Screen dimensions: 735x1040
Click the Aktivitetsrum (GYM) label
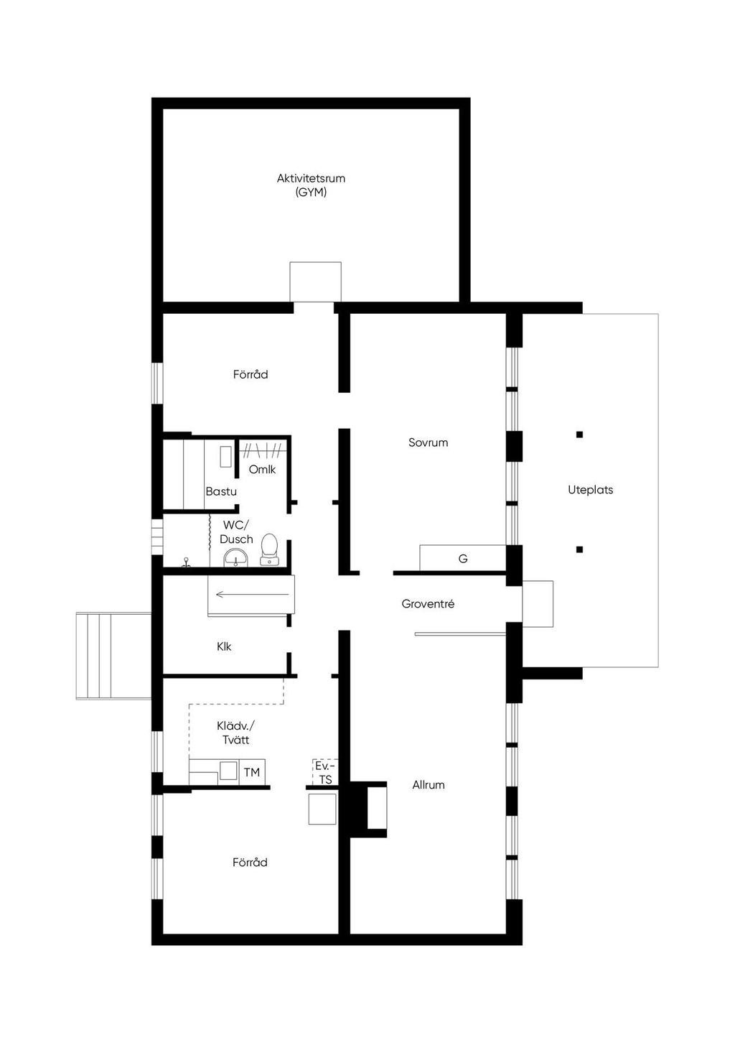[311, 185]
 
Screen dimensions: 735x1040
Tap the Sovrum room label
[428, 442]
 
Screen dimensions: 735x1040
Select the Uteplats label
[590, 490]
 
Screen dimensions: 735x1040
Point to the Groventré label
[428, 603]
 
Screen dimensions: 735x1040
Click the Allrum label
[429, 784]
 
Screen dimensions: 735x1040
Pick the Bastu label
[221, 491]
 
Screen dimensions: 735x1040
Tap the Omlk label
[262, 470]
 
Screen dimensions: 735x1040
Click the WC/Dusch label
[236, 532]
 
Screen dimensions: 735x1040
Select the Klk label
[224, 646]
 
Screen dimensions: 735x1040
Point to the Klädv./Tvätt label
[235, 733]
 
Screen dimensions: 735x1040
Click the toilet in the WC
[269, 549]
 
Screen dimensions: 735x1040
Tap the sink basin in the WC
[237, 557]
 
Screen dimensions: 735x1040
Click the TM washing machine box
[252, 772]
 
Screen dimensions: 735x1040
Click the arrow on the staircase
[252, 594]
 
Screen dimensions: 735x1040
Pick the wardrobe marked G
[463, 558]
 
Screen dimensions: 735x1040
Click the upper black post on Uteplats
[579, 435]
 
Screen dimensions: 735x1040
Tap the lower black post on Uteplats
[579, 549]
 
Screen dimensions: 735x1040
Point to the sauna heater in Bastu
[225, 457]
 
